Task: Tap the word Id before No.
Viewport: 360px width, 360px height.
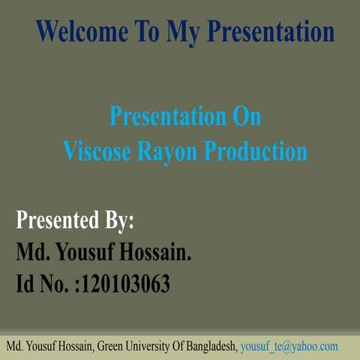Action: click(x=26, y=284)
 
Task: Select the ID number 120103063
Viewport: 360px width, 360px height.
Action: click(x=127, y=284)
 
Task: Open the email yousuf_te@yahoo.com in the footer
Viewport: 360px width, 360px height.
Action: click(x=289, y=347)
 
